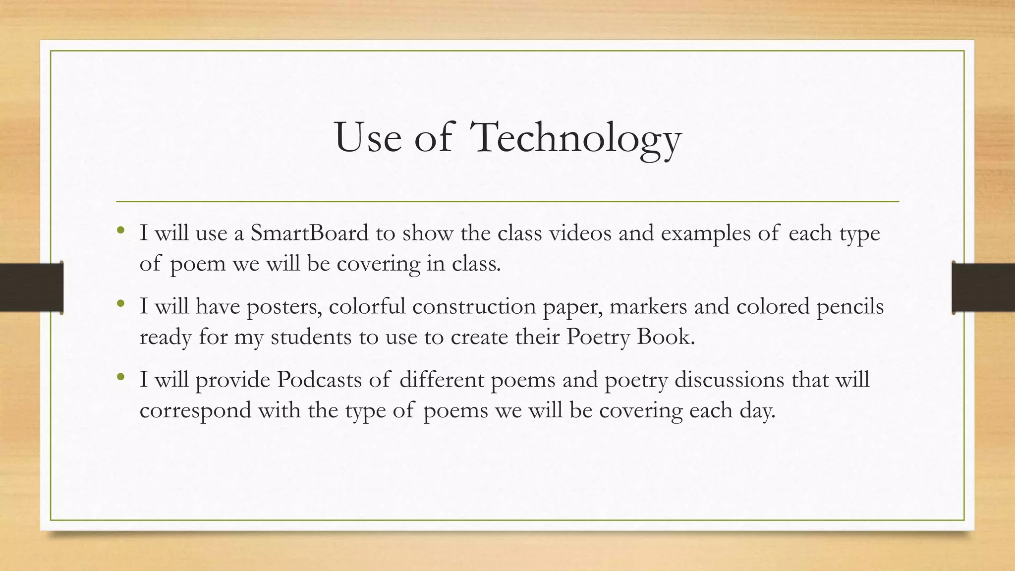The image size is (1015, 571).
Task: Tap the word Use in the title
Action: [x=368, y=138]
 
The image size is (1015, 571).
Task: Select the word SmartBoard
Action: [x=309, y=233]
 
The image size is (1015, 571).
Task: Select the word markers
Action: [x=648, y=306]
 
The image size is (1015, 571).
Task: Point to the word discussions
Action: [x=730, y=380]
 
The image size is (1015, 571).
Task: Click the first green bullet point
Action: [x=120, y=230]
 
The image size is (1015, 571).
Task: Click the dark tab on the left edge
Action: [x=32, y=287]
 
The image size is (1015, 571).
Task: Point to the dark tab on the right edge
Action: [x=983, y=287]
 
